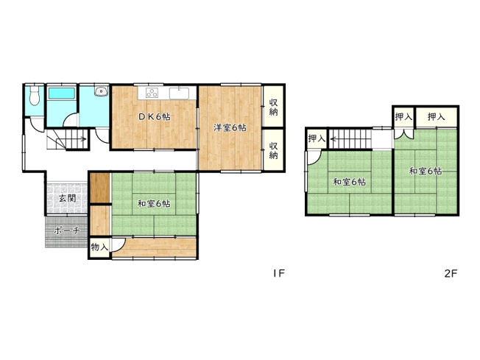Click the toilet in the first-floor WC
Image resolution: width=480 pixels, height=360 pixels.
(x=34, y=99)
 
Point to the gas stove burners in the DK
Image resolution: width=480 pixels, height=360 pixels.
(x=153, y=93)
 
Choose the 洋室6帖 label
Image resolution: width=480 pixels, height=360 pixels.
(x=230, y=127)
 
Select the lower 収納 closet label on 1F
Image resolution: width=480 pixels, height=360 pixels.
(x=273, y=149)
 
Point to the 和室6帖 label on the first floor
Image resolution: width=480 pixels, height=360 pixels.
(x=153, y=203)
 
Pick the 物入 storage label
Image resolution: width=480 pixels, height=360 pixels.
(x=99, y=247)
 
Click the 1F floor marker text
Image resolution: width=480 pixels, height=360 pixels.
(x=278, y=273)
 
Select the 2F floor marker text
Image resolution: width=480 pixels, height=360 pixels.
(x=451, y=273)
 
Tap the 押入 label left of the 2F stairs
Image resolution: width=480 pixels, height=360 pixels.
(x=317, y=138)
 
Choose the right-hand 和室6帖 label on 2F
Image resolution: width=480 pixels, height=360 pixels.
(x=426, y=171)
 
